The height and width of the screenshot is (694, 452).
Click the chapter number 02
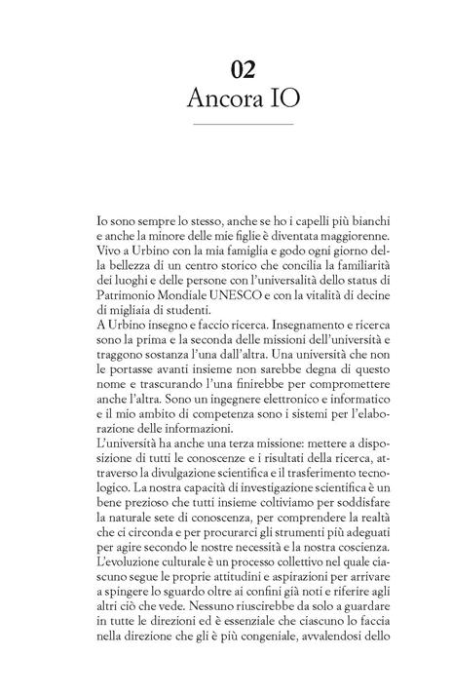[244, 68]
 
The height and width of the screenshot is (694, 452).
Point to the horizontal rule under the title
[244, 125]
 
